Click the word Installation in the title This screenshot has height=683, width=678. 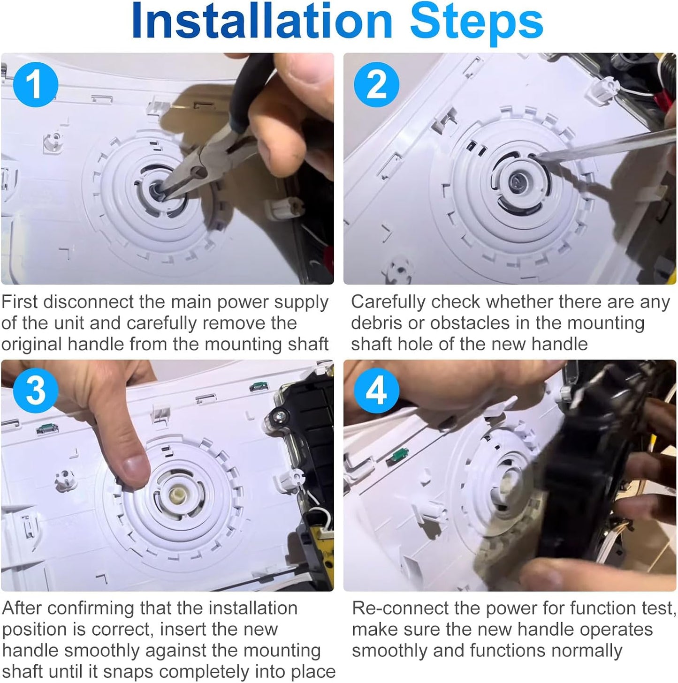pos(262,22)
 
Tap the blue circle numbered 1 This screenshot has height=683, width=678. pos(36,84)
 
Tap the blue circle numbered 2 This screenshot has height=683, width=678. pos(376,84)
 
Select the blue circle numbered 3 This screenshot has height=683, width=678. pos(36,390)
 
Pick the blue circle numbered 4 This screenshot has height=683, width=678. pos(376,390)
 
